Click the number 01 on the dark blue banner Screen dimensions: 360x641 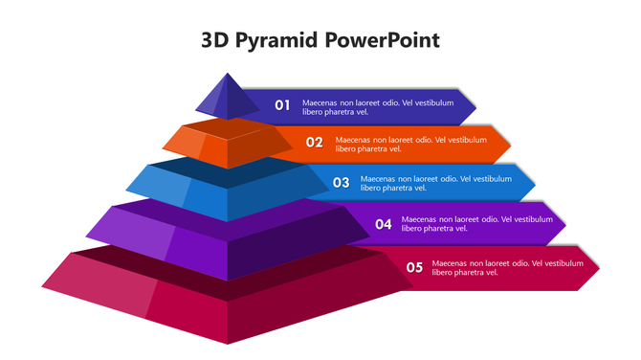[282, 105]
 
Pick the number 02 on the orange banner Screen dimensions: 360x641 [315, 143]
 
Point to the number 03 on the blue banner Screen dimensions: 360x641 [342, 182]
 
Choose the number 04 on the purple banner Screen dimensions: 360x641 [384, 224]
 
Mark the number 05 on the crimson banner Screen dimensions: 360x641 [414, 267]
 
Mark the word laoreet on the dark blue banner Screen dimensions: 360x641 [375, 101]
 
